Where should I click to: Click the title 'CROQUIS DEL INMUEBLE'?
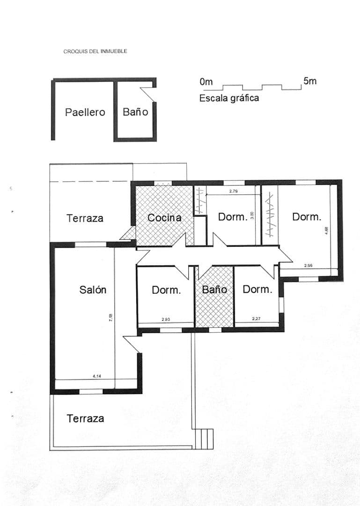click(x=95, y=52)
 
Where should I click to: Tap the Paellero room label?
click(x=85, y=112)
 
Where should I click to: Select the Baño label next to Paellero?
click(x=135, y=112)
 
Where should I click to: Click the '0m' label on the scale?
click(x=206, y=82)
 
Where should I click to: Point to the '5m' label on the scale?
click(x=310, y=81)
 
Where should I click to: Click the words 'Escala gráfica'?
click(x=229, y=98)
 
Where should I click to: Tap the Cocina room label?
click(x=164, y=218)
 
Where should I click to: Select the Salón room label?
click(x=93, y=290)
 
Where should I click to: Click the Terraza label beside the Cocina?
click(x=85, y=218)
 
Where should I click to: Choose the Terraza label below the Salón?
click(x=85, y=418)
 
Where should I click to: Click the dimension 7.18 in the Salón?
click(x=110, y=318)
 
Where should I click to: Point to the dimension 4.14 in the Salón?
click(x=97, y=376)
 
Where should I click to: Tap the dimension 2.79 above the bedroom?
click(x=234, y=191)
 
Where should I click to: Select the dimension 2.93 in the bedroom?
click(x=166, y=320)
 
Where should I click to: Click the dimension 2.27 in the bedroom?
click(x=256, y=319)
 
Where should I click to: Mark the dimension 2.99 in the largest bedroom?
click(x=308, y=266)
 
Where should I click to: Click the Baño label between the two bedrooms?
click(x=214, y=290)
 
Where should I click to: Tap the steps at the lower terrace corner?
click(x=204, y=439)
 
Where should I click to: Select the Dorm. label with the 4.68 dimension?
click(x=307, y=216)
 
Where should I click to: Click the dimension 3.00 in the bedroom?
click(x=252, y=215)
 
